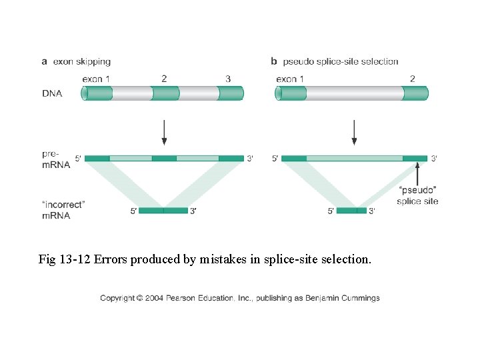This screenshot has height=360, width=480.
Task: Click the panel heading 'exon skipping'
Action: [x=82, y=62]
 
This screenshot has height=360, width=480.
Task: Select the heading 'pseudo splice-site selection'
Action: [x=341, y=62]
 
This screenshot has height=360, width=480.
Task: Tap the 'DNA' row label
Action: [x=52, y=93]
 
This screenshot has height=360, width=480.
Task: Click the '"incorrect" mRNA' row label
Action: [x=64, y=209]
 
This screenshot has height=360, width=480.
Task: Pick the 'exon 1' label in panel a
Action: [x=96, y=79]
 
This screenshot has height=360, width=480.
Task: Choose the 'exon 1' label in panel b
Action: [x=291, y=79]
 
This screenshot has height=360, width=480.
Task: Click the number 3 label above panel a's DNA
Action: [x=228, y=79]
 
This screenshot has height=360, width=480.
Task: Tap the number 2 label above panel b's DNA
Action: [x=412, y=79]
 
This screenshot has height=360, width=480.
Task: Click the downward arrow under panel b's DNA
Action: [x=354, y=132]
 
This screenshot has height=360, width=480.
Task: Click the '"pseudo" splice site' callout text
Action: [x=417, y=196]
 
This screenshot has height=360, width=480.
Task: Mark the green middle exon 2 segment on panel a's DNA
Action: [x=165, y=93]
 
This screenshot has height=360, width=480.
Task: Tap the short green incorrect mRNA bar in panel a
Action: [x=164, y=211]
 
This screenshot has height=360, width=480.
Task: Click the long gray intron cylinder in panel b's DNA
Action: [x=354, y=93]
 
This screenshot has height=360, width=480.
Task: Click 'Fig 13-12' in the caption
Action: [x=65, y=259]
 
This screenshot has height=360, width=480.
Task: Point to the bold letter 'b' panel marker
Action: [x=273, y=62]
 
